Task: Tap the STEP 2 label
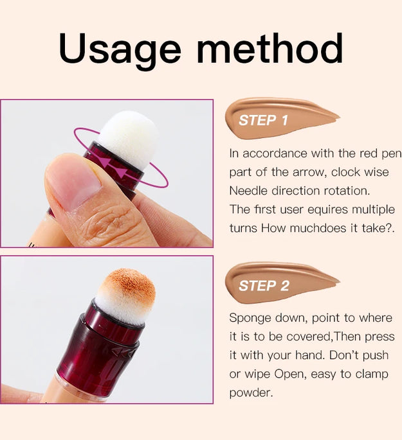tap(264, 286)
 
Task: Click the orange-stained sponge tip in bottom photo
tap(125, 292)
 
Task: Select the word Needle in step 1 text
tap(248, 191)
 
